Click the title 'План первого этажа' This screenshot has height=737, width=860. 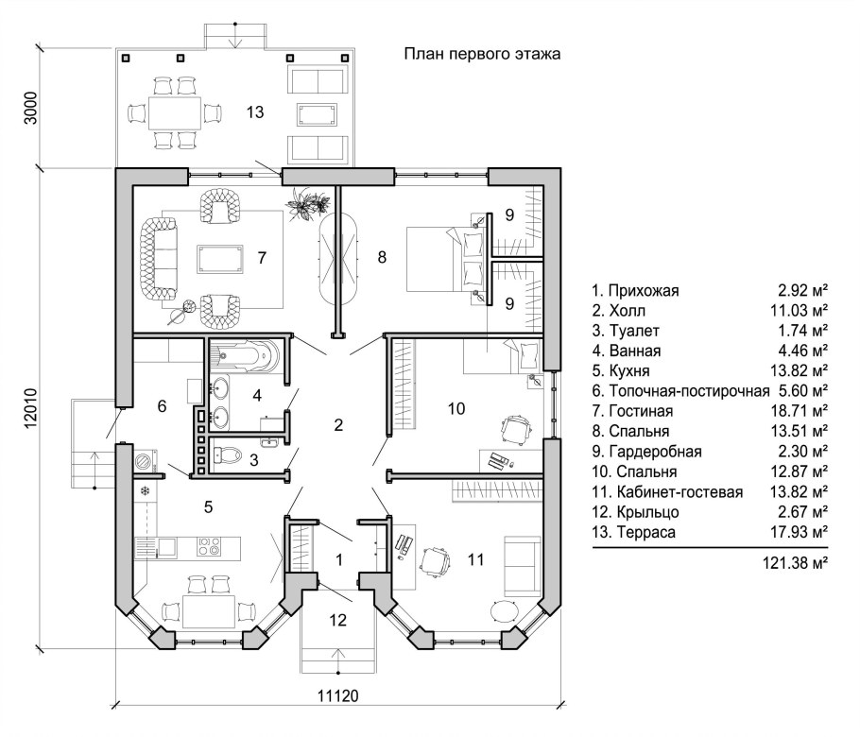coord(482,54)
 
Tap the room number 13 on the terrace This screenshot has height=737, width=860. coord(255,112)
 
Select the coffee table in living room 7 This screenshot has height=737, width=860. coord(220,259)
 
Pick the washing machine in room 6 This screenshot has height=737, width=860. coord(146,459)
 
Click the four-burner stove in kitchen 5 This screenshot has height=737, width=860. coord(209,545)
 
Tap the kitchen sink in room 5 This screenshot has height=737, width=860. coord(166,546)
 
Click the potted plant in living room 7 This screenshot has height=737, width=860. coord(308,204)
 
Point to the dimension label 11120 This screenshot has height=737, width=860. coord(338,695)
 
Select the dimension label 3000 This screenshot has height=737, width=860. coord(30,108)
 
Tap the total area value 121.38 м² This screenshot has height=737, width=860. coord(795,562)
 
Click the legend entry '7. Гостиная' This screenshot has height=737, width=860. coord(632,411)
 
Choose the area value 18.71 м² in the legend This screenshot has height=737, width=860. coord(799,411)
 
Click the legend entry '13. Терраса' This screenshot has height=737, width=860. coord(634,532)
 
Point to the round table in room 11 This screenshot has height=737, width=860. coord(504,610)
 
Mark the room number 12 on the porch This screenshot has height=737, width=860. coord(338,620)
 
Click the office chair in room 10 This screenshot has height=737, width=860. coord(516,427)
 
